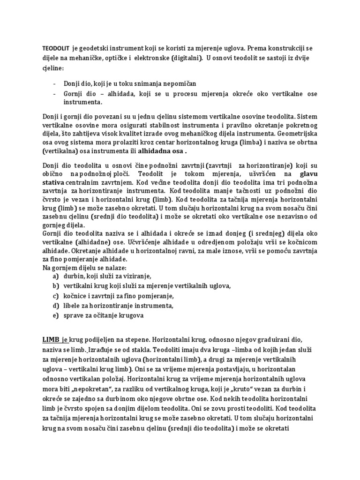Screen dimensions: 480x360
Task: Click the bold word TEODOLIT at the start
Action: pyautogui.click(x=56, y=48)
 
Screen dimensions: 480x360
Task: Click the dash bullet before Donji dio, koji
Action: pyautogui.click(x=55, y=83)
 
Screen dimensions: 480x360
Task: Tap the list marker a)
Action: pyautogui.click(x=56, y=277)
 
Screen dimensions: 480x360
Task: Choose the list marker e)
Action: pyautogui.click(x=56, y=315)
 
